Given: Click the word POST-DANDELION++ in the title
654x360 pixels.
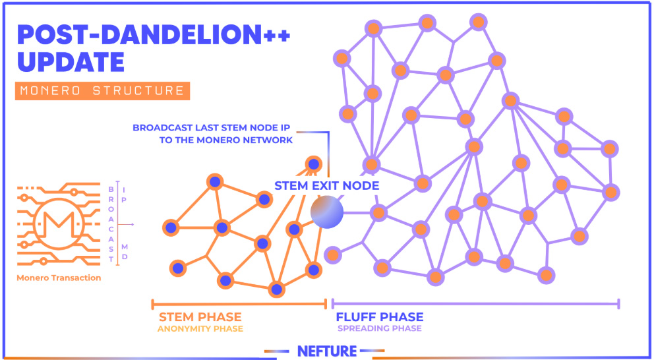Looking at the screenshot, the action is [154, 35].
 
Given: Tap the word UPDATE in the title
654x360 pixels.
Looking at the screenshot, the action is [71, 61].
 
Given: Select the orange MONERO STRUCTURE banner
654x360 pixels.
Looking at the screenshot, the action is [103, 91].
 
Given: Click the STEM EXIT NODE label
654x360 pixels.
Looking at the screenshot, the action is [326, 186].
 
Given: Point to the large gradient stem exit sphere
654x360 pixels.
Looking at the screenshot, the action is [327, 212].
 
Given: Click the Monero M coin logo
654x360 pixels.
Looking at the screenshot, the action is [59, 224].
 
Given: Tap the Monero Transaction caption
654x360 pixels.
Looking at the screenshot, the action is [59, 278].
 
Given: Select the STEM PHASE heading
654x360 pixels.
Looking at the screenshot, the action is [200, 317].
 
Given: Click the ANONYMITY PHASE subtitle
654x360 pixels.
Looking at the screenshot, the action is [200, 329].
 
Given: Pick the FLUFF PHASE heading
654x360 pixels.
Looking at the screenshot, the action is [380, 317].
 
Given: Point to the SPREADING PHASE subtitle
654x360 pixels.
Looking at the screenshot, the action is [380, 329].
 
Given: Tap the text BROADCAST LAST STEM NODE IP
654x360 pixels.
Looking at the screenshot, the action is [213, 128].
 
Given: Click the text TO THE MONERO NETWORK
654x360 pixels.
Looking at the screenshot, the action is [226, 140].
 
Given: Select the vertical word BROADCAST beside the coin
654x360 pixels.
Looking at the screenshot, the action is [111, 224].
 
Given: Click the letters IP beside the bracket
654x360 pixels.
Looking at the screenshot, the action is [125, 195].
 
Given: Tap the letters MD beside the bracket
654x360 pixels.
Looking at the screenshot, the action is [125, 253].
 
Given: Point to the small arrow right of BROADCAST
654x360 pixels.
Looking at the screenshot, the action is [125, 224].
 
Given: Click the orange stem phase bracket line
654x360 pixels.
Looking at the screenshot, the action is [239, 304].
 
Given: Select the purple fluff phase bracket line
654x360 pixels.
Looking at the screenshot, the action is [475, 304].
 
